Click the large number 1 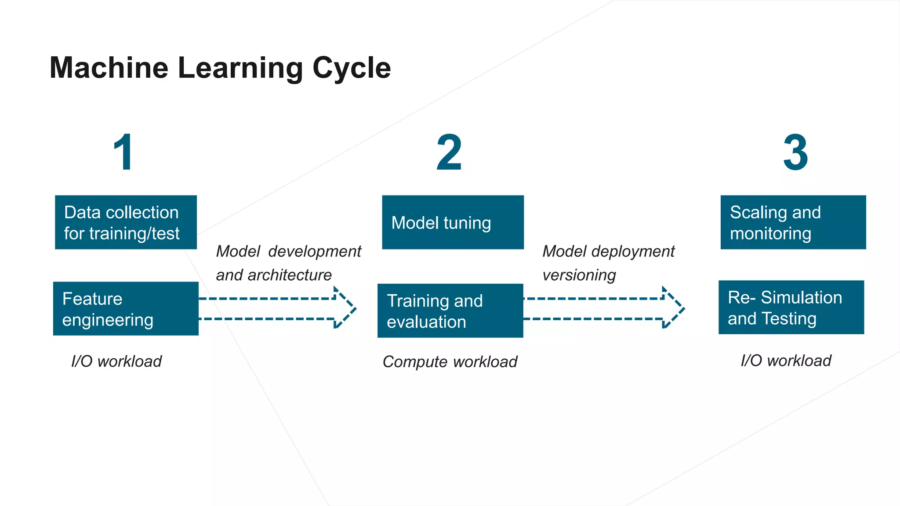click(x=124, y=152)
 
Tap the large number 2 click(x=449, y=152)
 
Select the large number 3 click(x=795, y=152)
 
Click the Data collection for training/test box click(x=126, y=222)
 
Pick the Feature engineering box click(x=126, y=309)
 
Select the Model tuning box click(x=453, y=222)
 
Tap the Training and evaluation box click(x=450, y=311)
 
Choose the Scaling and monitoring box click(x=793, y=222)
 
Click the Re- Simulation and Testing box click(x=791, y=307)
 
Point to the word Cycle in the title click(x=352, y=68)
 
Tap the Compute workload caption click(x=450, y=362)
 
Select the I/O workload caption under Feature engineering click(x=116, y=361)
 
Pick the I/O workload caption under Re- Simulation click(x=786, y=361)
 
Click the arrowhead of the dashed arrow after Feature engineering click(x=345, y=308)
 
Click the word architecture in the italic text click(x=290, y=275)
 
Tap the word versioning click(x=579, y=275)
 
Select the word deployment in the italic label click(x=633, y=252)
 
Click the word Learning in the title click(x=240, y=68)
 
